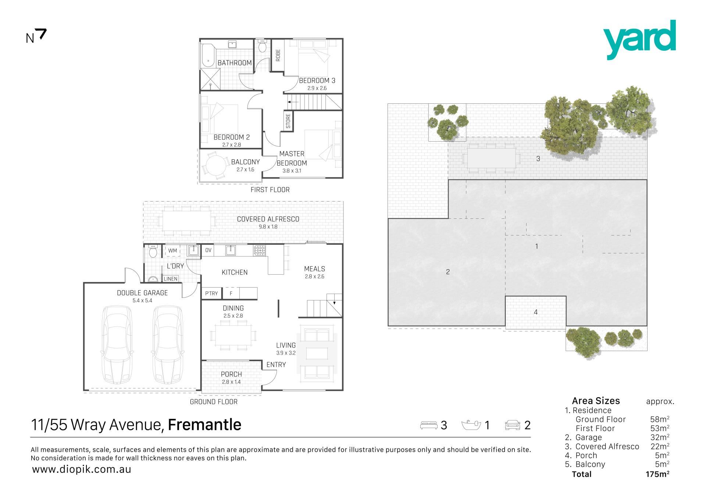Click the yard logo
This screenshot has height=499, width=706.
639,40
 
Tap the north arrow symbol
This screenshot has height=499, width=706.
42,35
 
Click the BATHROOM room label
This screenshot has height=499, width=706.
235,63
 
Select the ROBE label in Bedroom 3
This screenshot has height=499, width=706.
278,55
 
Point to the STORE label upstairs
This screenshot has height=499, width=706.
288,121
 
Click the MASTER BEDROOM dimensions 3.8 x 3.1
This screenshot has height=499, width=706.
292,171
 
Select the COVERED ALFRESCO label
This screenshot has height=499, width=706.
268,219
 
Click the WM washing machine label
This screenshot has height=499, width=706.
172,251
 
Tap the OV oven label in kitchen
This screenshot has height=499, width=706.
208,250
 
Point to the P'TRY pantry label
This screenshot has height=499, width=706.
211,293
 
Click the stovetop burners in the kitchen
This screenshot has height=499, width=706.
259,251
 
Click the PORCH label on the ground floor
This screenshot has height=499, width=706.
231,374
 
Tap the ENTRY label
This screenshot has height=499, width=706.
276,365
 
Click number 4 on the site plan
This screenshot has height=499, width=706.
536,312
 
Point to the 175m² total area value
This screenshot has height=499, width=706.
657,474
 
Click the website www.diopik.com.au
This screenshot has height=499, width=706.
82,470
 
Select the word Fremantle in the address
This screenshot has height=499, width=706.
204,425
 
